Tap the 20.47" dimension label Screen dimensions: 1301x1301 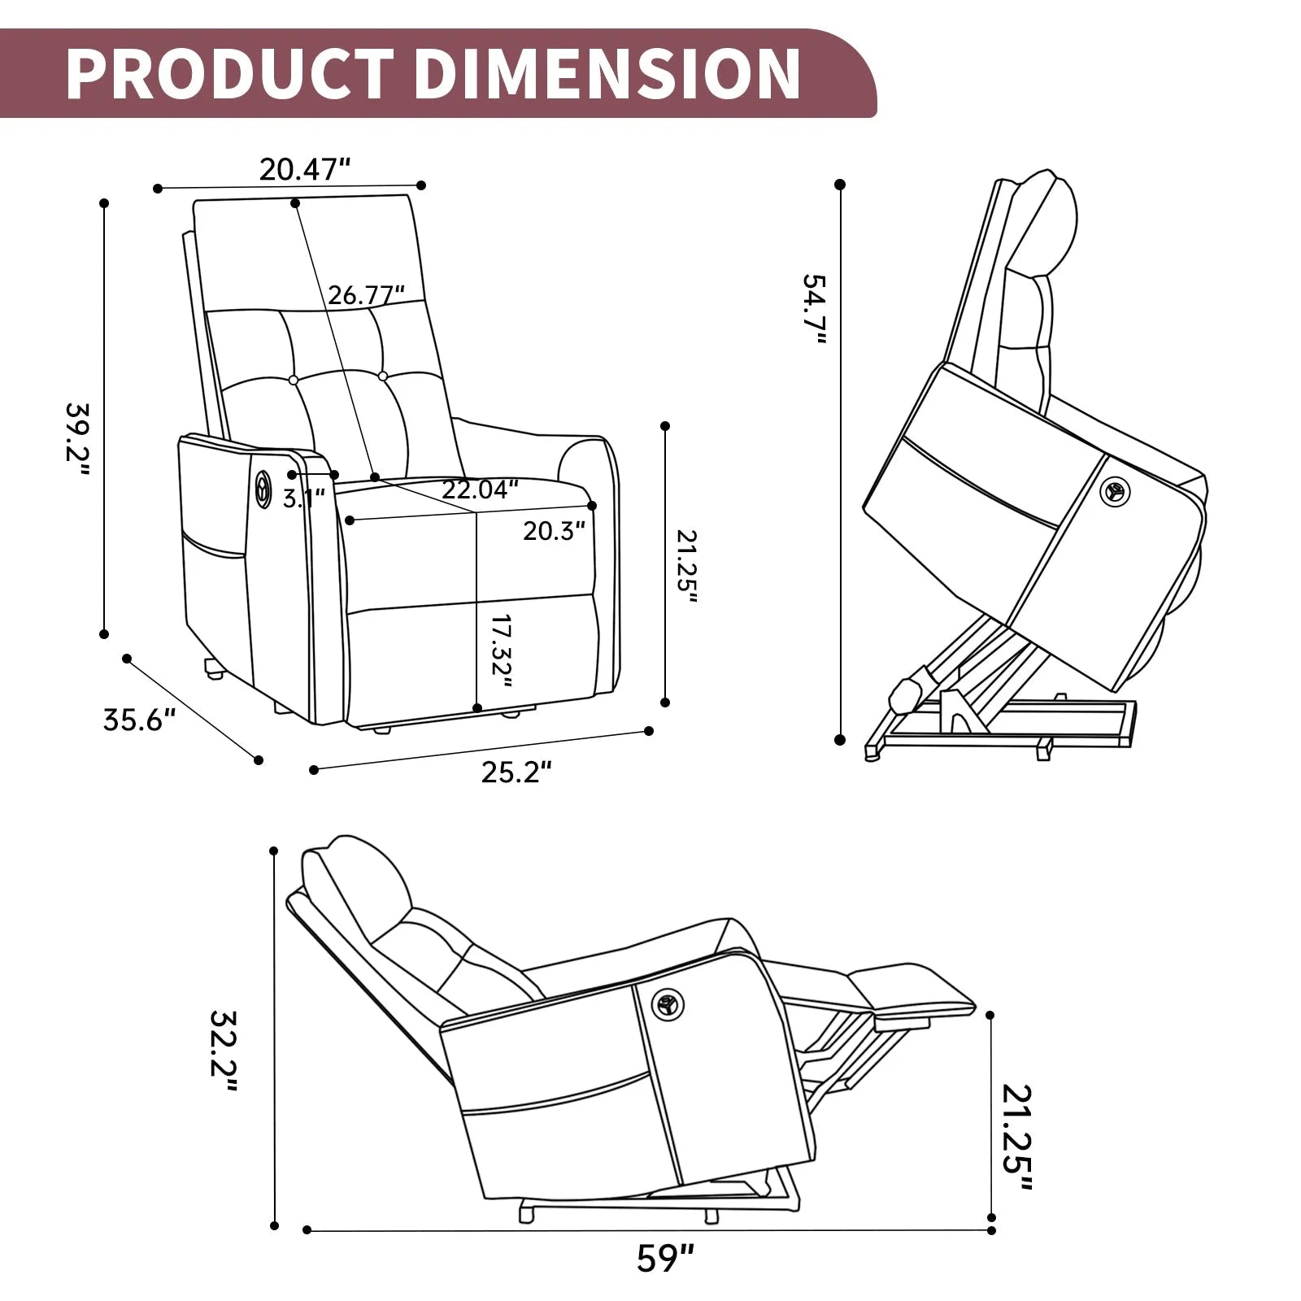pos(304,169)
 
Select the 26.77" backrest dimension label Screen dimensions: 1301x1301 pos(366,294)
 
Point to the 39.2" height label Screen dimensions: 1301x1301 pos(78,431)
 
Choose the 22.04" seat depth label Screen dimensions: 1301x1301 pos(480,490)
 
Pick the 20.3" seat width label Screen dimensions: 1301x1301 pos(554,531)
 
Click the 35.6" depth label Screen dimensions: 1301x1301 pos(139,720)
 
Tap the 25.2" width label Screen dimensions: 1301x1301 pos(516,772)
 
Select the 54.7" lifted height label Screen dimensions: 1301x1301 pos(814,310)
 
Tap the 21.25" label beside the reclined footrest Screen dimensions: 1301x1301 pos(1016,1138)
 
